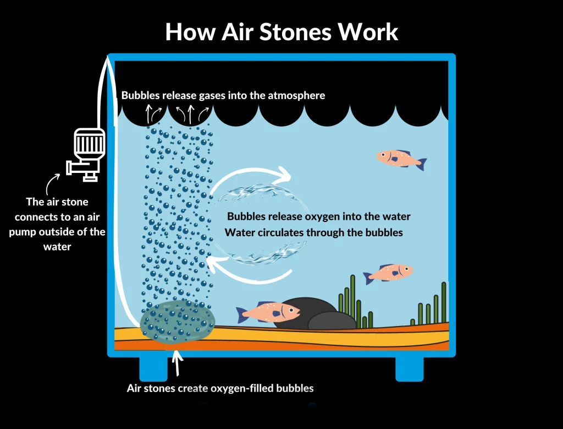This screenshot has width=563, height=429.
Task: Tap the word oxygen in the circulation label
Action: [x=329, y=216]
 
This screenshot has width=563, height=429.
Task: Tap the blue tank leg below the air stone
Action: [x=153, y=368]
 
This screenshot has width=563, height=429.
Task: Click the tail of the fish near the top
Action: [x=421, y=164]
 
